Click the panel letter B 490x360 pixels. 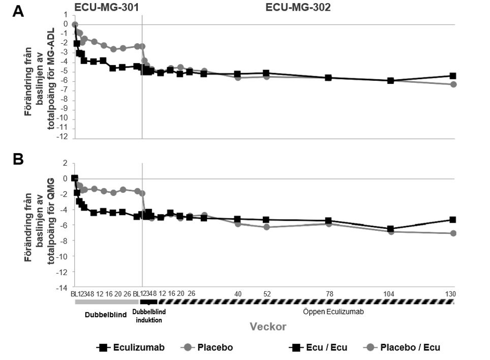18,159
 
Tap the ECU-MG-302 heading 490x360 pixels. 298,7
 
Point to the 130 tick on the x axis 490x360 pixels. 450,294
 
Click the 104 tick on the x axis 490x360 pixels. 390,294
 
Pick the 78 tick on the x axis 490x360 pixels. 328,294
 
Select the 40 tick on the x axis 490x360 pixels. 238,294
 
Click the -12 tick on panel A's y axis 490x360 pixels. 64,138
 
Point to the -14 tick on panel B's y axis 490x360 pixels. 64,287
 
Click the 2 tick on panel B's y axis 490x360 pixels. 66,163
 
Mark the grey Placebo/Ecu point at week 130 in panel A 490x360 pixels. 452,84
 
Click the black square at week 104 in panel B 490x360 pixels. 390,229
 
